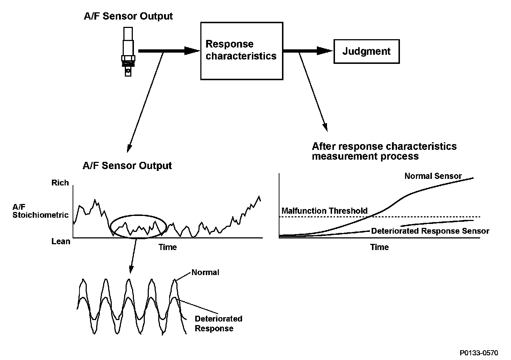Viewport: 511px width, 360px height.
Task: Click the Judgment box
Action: tap(366, 51)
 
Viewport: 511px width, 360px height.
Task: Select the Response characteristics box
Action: tap(241, 50)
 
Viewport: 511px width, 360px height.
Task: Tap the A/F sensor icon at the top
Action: tap(128, 51)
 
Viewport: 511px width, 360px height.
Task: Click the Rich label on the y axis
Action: tap(60, 183)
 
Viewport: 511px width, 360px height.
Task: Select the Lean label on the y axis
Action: tap(61, 241)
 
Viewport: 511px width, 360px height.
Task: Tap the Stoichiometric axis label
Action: tap(40, 215)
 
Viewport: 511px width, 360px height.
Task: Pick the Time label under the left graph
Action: tap(168, 247)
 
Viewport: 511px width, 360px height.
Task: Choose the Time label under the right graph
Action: tap(379, 247)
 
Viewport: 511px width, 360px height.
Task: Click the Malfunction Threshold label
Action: tap(324, 211)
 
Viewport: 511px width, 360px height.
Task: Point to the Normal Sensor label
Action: tap(433, 176)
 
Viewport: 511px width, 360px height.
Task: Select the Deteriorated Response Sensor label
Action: tap(430, 231)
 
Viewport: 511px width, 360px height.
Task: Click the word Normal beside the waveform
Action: tap(205, 272)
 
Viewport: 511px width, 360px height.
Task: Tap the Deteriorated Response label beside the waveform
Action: tap(218, 323)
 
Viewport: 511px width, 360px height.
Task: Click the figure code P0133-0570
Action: tap(479, 353)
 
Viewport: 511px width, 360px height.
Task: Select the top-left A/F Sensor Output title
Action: tap(128, 16)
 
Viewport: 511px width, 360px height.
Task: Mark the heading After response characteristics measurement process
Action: tap(384, 151)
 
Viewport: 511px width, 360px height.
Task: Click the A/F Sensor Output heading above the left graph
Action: tap(127, 166)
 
